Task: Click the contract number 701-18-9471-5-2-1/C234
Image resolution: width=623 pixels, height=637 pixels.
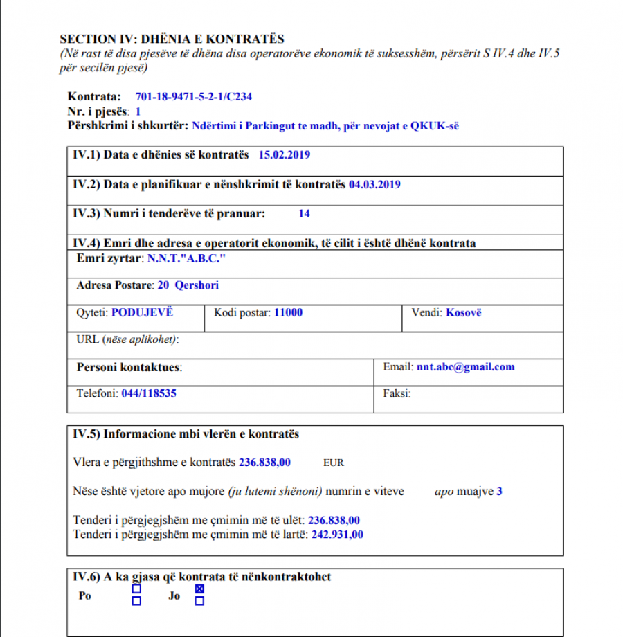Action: [193, 97]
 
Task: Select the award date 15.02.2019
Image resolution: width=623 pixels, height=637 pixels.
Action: [284, 155]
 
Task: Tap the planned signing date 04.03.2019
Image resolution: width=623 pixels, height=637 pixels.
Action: [374, 185]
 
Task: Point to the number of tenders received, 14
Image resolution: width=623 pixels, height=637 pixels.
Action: [304, 214]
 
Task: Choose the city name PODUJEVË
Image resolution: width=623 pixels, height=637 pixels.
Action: [142, 312]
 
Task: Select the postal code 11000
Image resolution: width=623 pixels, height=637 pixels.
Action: [288, 312]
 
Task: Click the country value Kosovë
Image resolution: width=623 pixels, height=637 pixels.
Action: [463, 312]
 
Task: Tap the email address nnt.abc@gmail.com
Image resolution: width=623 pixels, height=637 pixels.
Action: [465, 367]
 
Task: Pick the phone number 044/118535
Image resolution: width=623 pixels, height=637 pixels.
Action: [149, 393]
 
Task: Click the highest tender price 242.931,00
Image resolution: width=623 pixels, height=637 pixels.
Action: [336, 535]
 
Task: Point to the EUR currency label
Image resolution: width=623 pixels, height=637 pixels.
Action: [333, 463]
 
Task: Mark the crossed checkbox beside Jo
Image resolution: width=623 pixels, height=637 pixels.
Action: [199, 589]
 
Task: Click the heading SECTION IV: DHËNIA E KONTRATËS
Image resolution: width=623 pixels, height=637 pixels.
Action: [172, 39]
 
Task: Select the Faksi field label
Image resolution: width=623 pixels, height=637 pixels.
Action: [397, 393]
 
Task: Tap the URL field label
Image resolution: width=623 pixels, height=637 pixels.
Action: [127, 339]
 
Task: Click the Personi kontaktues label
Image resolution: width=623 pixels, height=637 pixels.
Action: [129, 367]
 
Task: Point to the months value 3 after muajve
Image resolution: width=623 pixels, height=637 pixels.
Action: [499, 492]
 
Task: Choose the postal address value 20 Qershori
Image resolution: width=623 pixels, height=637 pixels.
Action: [188, 285]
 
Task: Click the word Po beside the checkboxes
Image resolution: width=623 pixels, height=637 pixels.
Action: [84, 595]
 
